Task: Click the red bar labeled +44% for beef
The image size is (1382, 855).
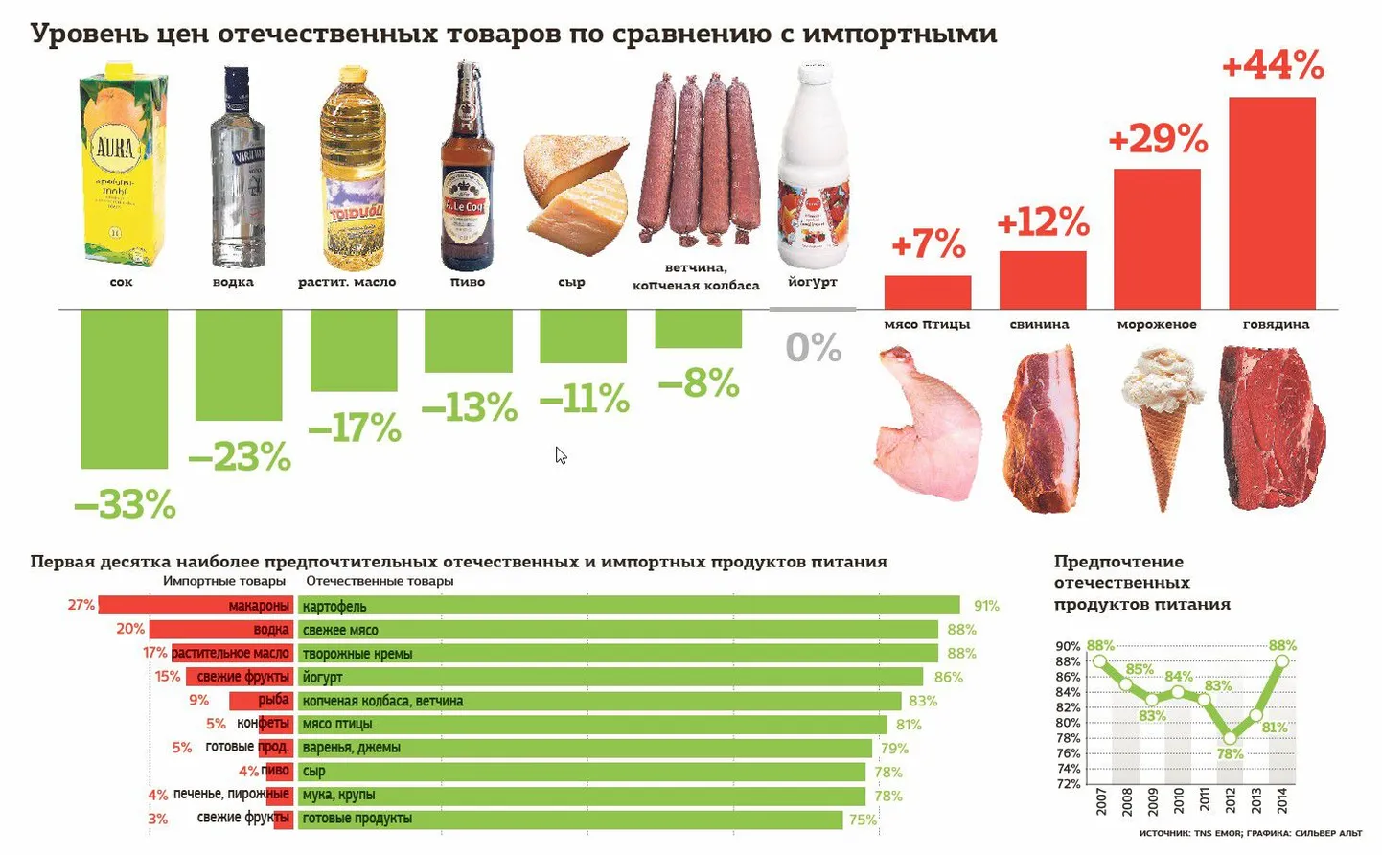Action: (1272, 202)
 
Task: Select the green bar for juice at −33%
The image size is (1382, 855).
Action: (124, 388)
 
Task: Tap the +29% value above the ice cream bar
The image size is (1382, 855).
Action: (1158, 140)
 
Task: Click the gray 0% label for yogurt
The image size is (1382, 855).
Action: (813, 347)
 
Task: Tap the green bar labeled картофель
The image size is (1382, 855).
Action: (629, 606)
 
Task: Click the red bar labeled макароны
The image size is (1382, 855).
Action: (195, 606)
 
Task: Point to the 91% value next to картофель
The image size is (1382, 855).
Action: (986, 606)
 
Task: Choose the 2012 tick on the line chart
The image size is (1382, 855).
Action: (1231, 801)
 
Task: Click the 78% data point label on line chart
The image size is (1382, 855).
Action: (1231, 754)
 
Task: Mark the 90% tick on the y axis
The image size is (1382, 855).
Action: (1068, 647)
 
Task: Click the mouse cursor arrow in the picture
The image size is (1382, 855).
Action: (560, 454)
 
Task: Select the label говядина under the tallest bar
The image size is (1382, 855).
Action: (1276, 324)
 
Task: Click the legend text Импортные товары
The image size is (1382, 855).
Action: (224, 581)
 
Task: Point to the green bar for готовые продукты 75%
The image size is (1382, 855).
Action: (570, 819)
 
